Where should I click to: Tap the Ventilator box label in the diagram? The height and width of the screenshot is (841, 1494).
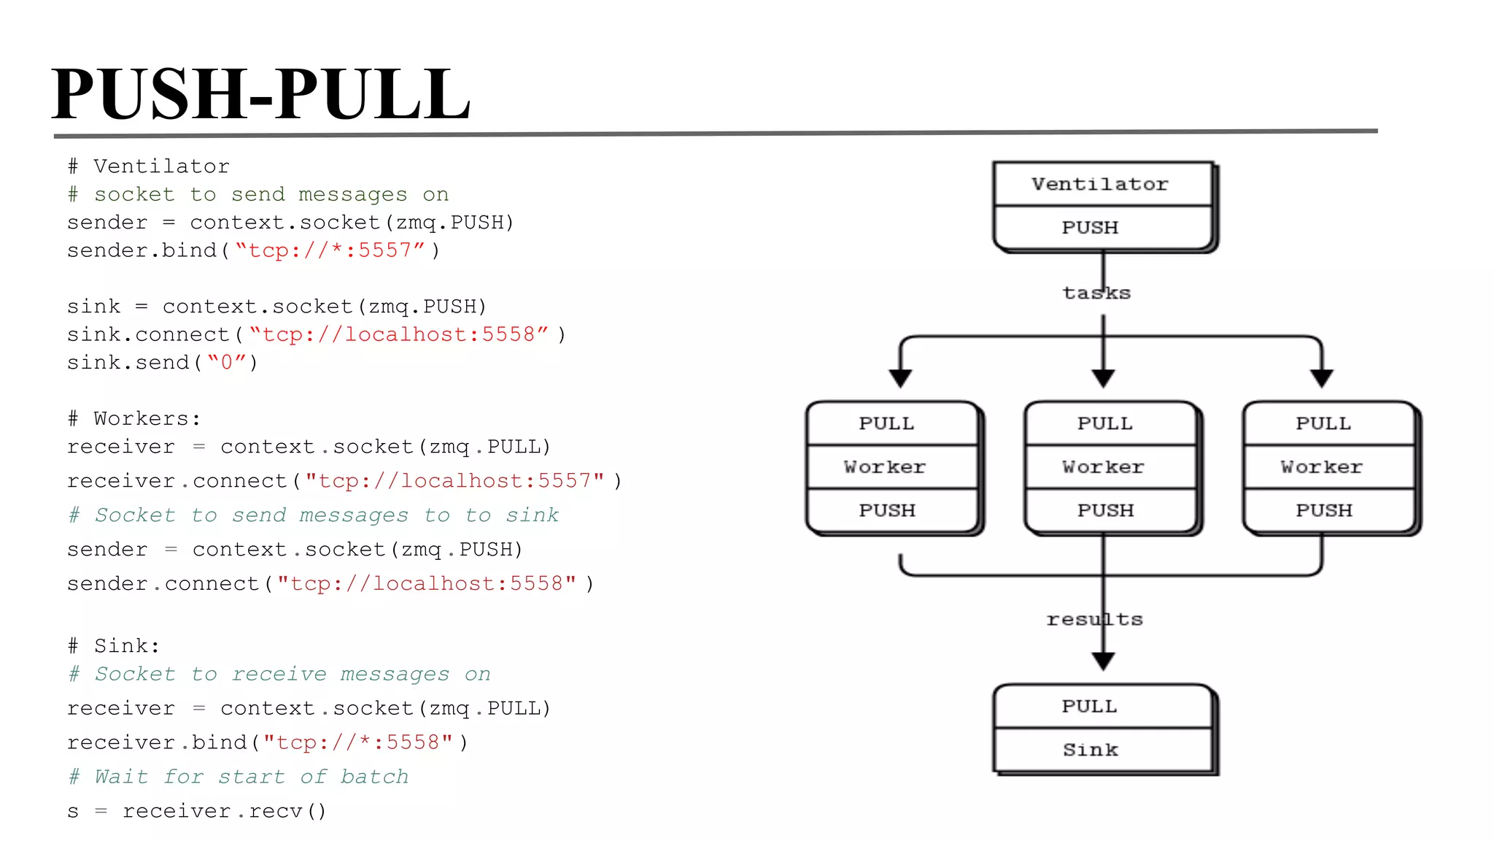click(x=1099, y=184)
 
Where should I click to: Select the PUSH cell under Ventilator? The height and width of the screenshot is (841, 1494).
click(x=1090, y=228)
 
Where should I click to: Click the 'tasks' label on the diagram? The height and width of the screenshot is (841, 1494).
click(x=1096, y=293)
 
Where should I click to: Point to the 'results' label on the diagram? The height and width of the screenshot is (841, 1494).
click(x=1094, y=619)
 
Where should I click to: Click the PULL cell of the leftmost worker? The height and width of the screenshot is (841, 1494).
click(x=886, y=423)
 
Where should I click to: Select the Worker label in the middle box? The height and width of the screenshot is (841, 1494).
click(x=1103, y=466)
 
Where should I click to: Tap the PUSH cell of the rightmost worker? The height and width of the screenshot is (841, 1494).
click(x=1323, y=510)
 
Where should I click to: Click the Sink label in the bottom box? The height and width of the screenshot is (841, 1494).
click(x=1090, y=750)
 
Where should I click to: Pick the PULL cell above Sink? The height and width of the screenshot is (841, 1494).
click(x=1089, y=706)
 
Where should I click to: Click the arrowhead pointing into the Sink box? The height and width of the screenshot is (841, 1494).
click(x=1103, y=661)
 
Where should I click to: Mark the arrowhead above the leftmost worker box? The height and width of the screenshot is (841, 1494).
click(x=900, y=378)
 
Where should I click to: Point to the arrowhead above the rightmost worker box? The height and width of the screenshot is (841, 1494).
click(x=1321, y=378)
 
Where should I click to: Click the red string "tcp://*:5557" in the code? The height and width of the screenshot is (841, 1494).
click(x=330, y=250)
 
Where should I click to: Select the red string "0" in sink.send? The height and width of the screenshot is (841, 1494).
click(x=227, y=362)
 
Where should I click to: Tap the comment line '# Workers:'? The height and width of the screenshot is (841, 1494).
click(x=134, y=418)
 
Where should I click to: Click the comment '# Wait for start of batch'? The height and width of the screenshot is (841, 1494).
click(x=239, y=776)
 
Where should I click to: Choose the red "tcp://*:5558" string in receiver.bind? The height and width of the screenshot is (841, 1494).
click(x=358, y=742)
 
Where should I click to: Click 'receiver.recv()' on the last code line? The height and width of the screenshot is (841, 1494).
click(x=224, y=810)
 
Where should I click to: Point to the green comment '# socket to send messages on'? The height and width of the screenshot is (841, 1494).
click(x=258, y=194)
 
